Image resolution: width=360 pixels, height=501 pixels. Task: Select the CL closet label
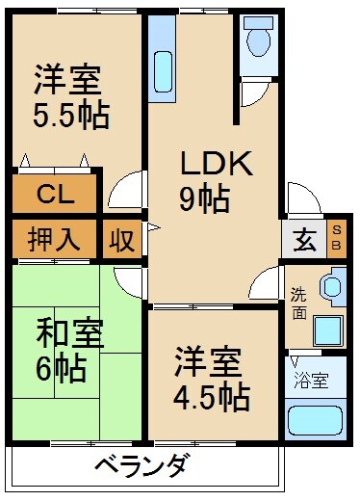coord(54,194)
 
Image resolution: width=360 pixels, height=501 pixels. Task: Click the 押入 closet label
coord(53,237)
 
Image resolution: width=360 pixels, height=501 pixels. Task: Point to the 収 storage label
coord(121,237)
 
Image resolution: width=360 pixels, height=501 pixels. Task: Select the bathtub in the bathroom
coord(315,422)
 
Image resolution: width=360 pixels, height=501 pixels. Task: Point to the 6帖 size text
coord(63,368)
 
